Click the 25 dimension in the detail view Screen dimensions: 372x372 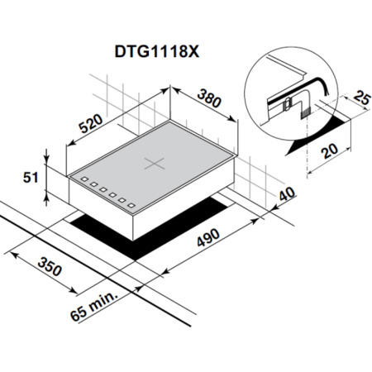359,99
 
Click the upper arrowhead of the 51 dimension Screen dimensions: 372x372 47,154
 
